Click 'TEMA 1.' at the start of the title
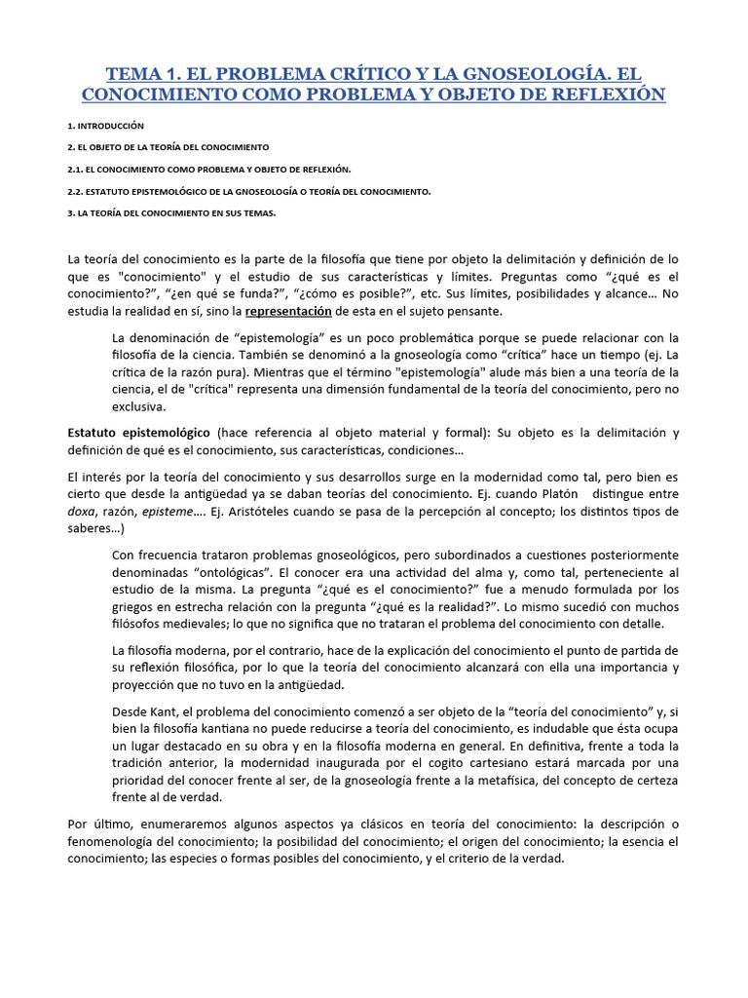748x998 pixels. [141, 74]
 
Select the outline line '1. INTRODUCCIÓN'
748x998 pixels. [106, 126]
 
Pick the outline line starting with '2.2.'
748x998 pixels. [249, 192]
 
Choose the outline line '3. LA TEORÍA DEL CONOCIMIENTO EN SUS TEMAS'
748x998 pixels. [172, 213]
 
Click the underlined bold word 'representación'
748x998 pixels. [288, 311]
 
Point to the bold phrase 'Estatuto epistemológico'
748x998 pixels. [138, 433]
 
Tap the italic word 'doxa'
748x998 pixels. [84, 512]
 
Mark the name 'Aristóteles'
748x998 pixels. [268, 512]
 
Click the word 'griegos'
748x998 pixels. [135, 607]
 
